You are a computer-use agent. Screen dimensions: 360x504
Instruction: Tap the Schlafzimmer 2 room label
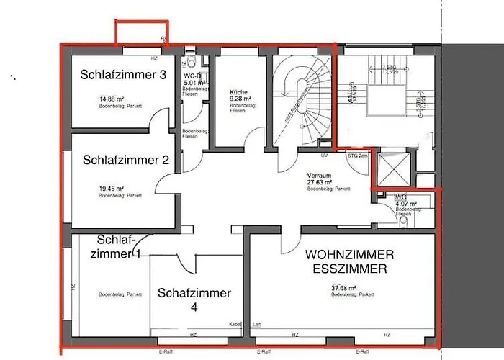click(x=125, y=161)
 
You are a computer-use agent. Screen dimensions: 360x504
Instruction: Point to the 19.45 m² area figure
click(x=112, y=189)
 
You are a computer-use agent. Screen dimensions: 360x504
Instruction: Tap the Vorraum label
click(x=318, y=176)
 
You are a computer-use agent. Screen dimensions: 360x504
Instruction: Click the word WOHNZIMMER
click(x=349, y=256)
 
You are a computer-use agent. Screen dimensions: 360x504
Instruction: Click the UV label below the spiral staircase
click(x=325, y=155)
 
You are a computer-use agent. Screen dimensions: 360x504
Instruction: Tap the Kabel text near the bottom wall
click(x=234, y=324)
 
